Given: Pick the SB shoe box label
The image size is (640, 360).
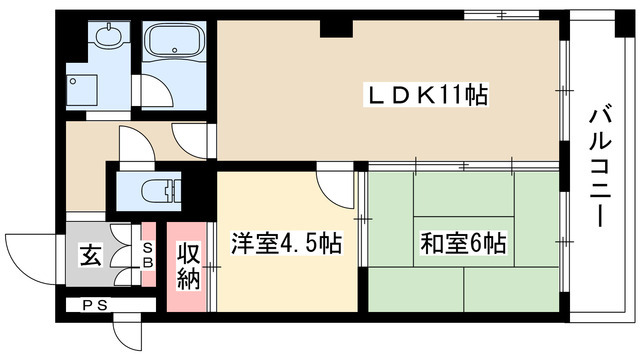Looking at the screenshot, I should (x=147, y=255).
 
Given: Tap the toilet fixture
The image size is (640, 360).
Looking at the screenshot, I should (x=158, y=189).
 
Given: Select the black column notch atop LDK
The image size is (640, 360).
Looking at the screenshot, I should (x=332, y=26).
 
